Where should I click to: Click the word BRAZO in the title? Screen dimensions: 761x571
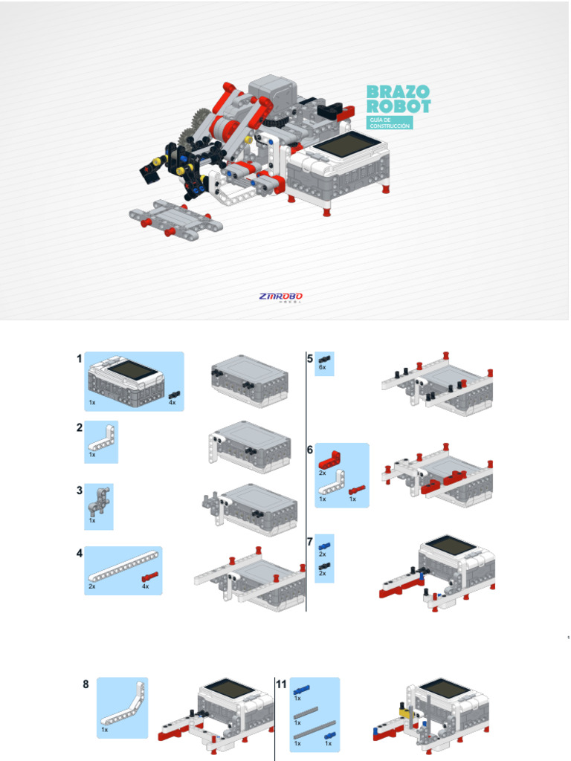(x=398, y=91)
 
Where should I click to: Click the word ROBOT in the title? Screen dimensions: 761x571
(x=399, y=106)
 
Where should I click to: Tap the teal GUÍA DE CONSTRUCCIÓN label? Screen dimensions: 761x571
(x=390, y=123)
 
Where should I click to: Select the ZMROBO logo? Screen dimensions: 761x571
(x=281, y=297)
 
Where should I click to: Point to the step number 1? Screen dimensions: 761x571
(x=79, y=359)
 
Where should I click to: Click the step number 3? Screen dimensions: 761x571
(x=79, y=490)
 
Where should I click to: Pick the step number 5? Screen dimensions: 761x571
(x=310, y=358)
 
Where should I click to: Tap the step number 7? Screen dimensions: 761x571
(x=310, y=542)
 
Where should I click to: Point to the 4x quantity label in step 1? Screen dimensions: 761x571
(x=172, y=402)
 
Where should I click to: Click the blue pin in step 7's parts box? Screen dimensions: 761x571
(x=324, y=546)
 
